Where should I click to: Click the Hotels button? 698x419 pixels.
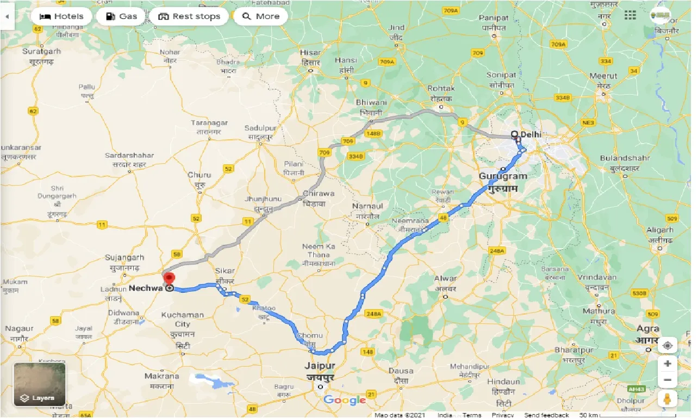click(61, 16)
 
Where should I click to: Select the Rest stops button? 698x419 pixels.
click(189, 16)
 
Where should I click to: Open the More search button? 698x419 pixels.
click(260, 16)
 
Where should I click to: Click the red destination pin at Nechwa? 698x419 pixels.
click(169, 280)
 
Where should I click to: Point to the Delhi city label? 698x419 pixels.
click(531, 134)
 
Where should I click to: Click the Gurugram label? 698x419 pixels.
click(503, 176)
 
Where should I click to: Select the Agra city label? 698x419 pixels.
click(647, 329)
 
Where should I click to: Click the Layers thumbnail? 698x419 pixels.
click(39, 385)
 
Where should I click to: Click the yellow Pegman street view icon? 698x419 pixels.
click(668, 399)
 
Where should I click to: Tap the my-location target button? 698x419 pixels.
click(668, 346)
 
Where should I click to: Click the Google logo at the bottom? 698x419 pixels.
click(345, 400)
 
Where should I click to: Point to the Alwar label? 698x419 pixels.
click(445, 279)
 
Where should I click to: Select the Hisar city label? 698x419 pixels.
click(311, 53)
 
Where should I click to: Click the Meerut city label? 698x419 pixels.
click(603, 76)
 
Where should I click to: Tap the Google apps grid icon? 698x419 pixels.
click(630, 15)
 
